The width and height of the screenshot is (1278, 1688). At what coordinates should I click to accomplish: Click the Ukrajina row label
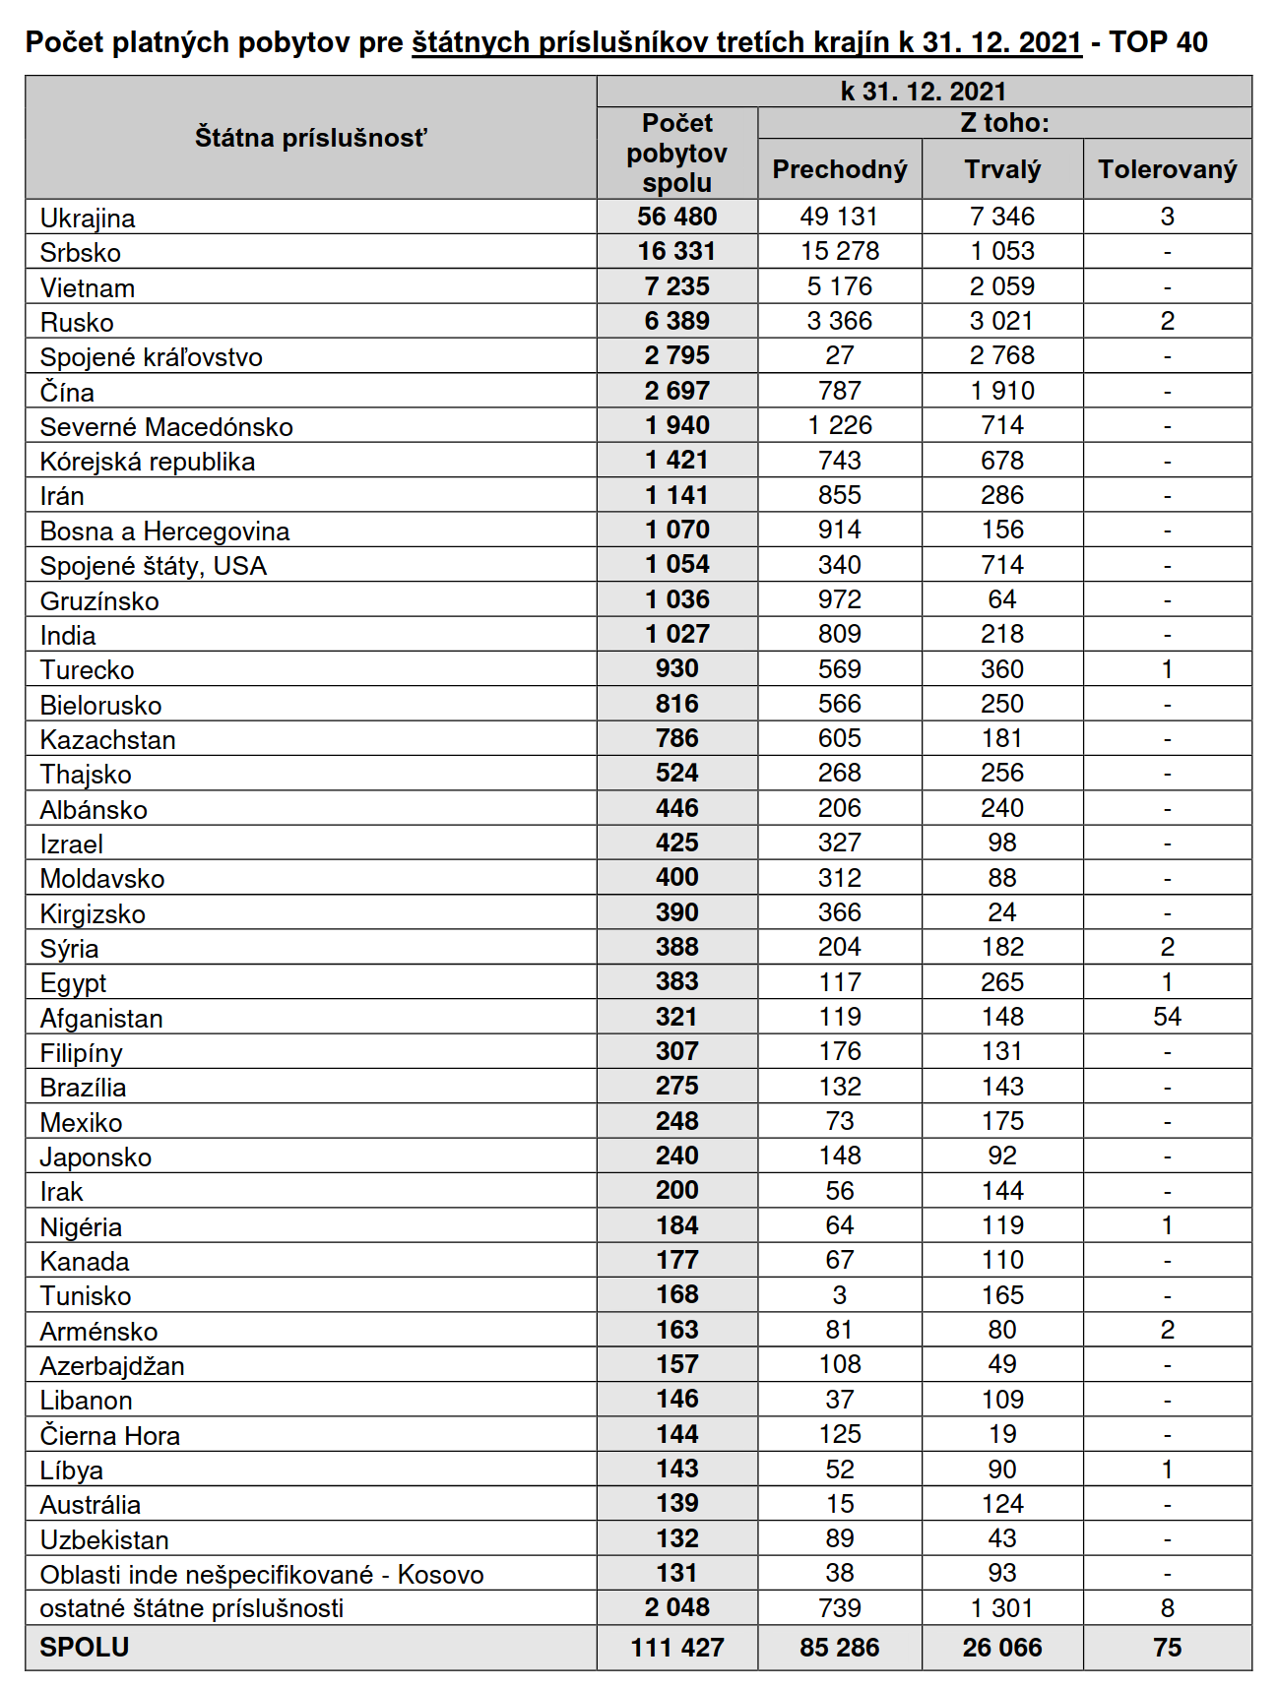click(88, 218)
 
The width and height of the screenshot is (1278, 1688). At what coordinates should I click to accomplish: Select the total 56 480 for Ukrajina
click(676, 217)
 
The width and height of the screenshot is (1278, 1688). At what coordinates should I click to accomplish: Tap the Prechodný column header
click(839, 169)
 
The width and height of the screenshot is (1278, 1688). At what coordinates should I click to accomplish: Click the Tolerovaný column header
click(1167, 169)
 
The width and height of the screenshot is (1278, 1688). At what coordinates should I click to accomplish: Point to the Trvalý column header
click(1001, 169)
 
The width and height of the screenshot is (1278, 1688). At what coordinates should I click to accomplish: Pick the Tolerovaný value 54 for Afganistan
click(1167, 1017)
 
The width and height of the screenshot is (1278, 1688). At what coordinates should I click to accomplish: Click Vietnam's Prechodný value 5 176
click(839, 286)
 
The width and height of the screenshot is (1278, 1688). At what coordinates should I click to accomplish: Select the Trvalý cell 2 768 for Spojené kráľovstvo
click(1001, 355)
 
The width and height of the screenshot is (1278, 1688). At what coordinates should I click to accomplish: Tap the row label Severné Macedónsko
click(166, 427)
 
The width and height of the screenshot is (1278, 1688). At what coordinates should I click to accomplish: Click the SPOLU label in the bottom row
click(85, 1647)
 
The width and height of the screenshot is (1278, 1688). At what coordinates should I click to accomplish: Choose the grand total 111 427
click(676, 1648)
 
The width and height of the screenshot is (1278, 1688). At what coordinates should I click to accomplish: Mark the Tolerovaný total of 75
click(1167, 1648)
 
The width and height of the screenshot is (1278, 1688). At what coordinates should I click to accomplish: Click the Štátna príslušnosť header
click(310, 138)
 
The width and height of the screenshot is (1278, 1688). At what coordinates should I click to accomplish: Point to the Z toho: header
click(1004, 123)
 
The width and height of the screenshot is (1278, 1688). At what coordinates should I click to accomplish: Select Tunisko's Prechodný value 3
click(839, 1295)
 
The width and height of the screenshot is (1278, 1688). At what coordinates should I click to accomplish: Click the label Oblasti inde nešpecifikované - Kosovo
click(262, 1575)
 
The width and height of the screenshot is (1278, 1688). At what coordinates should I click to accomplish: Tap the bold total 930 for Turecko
click(676, 669)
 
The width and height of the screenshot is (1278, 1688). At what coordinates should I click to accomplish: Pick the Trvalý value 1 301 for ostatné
click(1001, 1608)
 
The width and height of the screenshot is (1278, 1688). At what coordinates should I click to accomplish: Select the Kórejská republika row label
click(148, 462)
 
